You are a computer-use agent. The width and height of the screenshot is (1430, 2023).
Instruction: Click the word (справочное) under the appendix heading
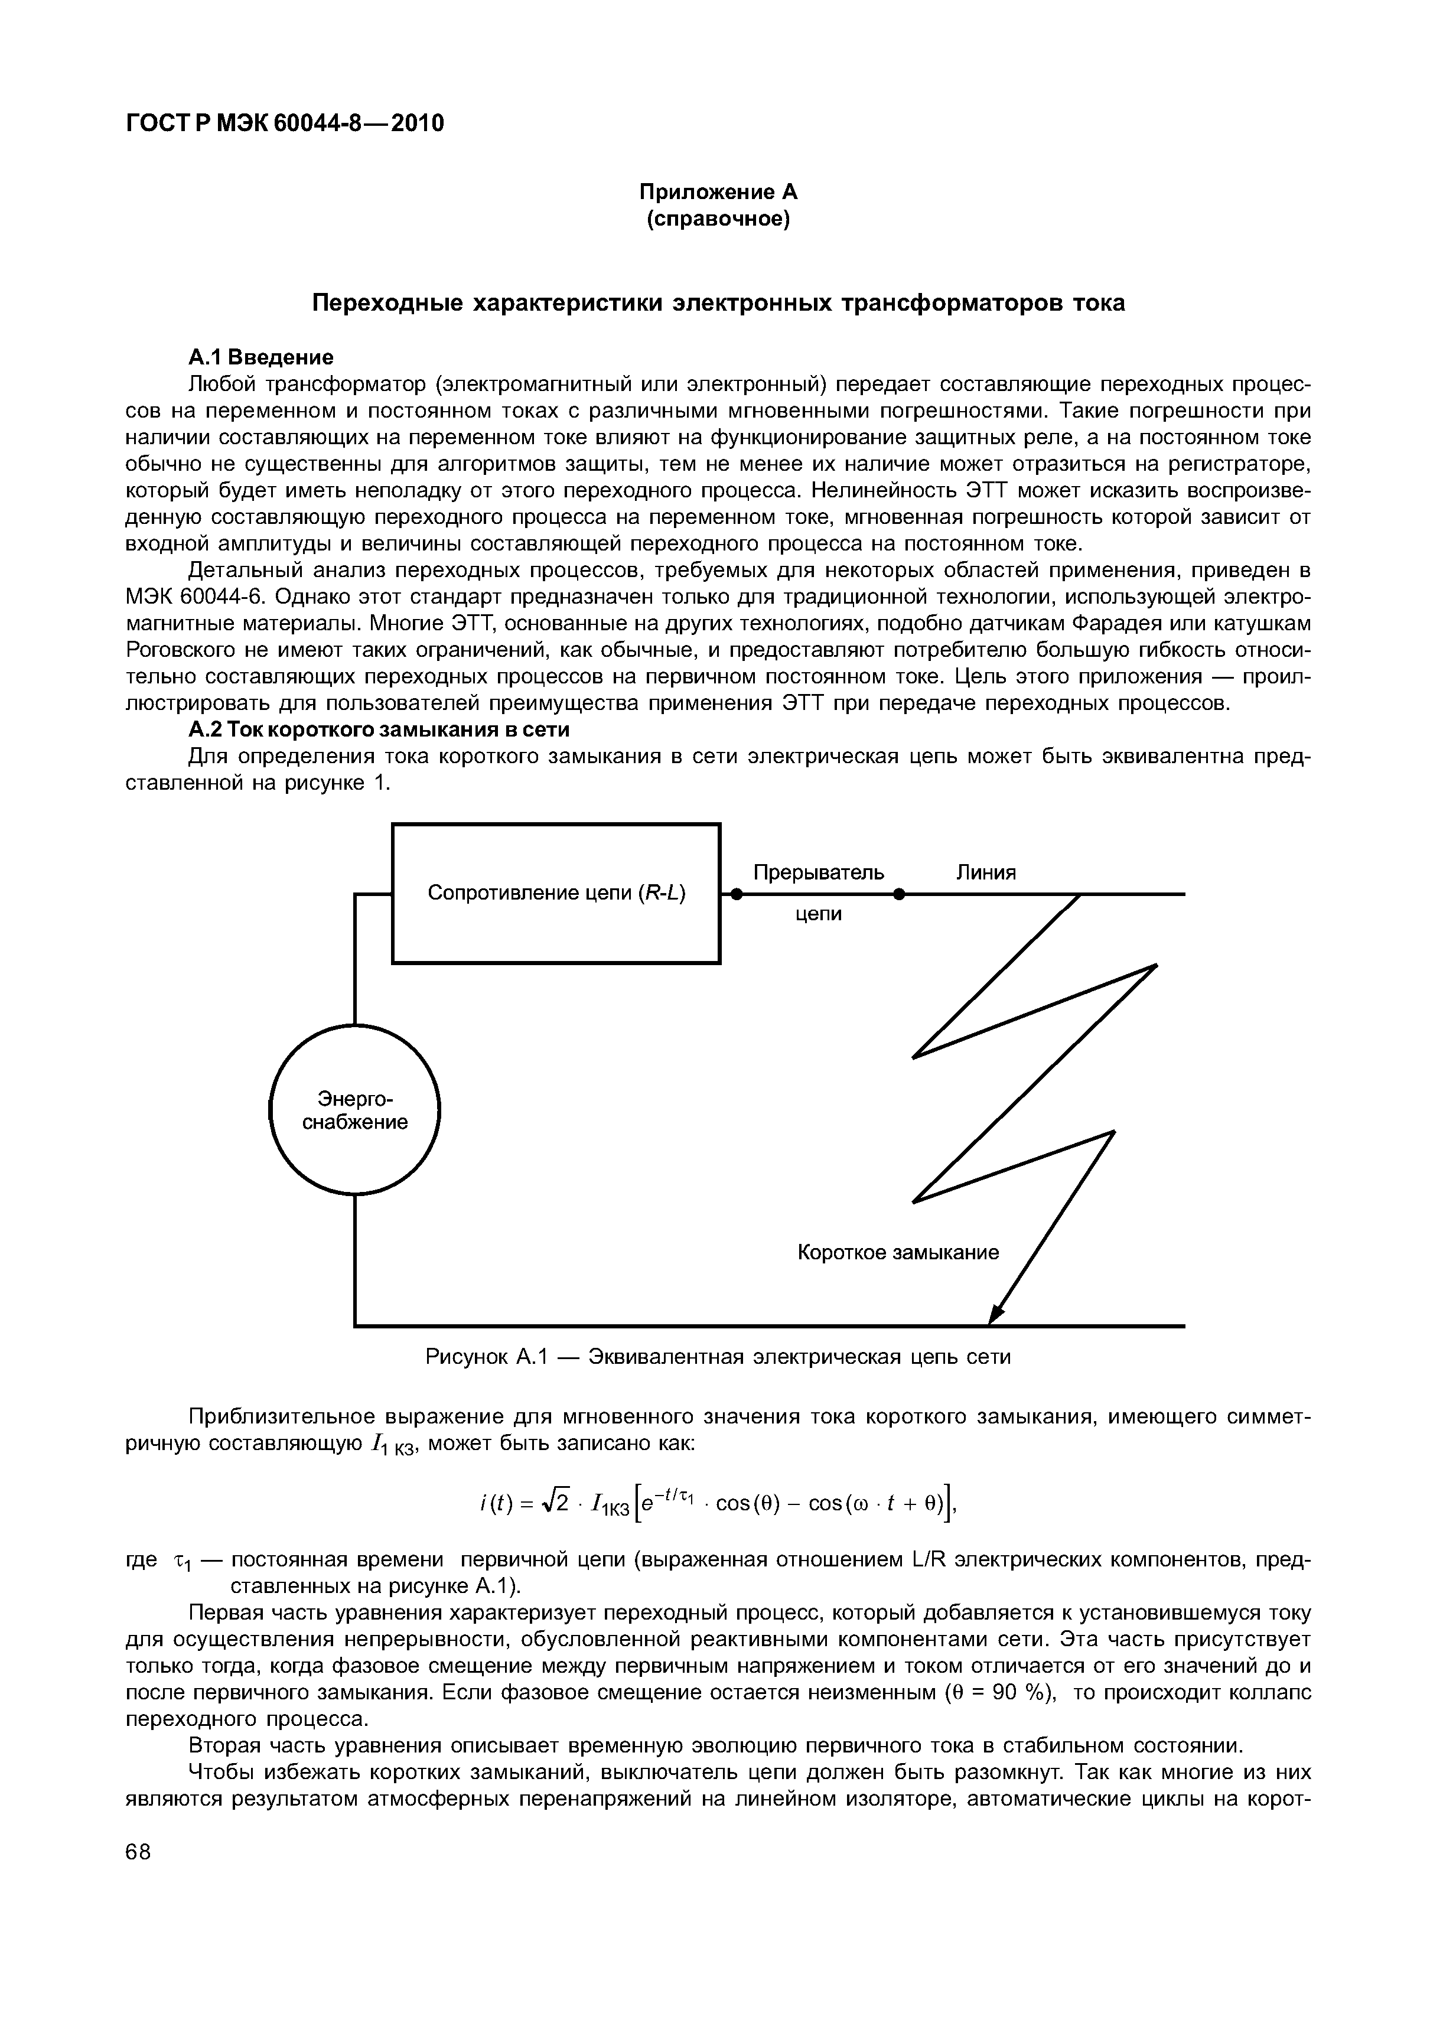click(x=718, y=219)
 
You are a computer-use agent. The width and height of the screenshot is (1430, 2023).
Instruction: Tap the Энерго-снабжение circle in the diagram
click(x=354, y=1110)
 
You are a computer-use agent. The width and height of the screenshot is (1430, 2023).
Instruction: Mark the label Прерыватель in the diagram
click(x=819, y=872)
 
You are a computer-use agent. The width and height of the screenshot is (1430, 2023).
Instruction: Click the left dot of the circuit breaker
click(x=738, y=894)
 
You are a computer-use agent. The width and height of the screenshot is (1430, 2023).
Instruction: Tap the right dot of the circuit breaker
click(x=899, y=894)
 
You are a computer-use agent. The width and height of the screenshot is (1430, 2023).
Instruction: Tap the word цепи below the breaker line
click(x=819, y=914)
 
